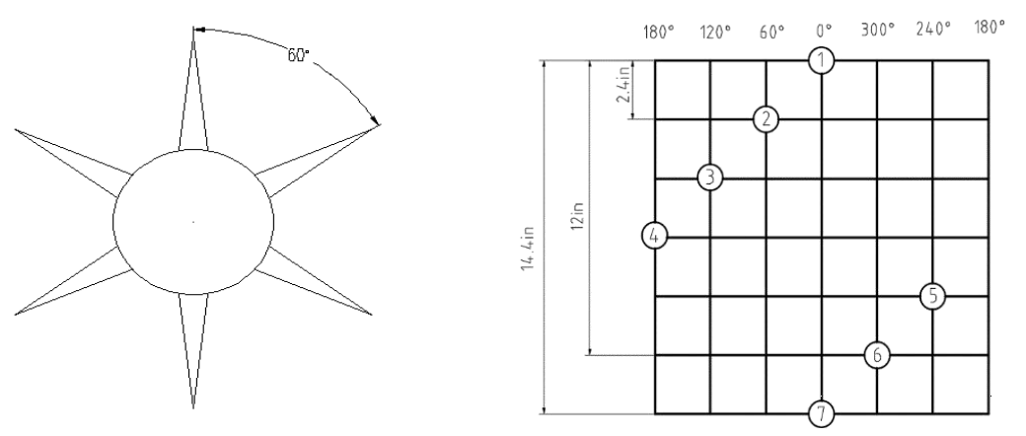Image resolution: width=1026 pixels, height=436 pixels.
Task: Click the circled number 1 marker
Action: click(x=821, y=61)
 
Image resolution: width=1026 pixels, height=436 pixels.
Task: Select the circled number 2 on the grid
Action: click(x=766, y=119)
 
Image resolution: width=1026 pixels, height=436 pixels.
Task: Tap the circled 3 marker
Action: click(x=710, y=178)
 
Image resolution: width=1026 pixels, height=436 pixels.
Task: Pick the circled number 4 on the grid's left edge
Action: click(x=654, y=237)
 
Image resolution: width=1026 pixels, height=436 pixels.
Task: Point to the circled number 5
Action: click(x=932, y=296)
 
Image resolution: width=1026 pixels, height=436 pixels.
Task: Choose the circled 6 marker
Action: click(x=877, y=355)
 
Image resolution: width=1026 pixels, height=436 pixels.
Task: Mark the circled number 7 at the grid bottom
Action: click(x=821, y=413)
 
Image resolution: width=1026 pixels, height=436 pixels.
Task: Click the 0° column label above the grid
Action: click(x=824, y=31)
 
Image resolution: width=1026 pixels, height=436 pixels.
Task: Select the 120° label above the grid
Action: click(x=716, y=32)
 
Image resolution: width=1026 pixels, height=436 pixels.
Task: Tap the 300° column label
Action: click(x=877, y=31)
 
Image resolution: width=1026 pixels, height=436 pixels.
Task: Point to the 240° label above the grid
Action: click(x=933, y=30)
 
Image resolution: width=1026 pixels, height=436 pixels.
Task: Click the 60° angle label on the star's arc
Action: click(x=298, y=55)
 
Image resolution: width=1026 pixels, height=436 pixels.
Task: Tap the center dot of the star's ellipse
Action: click(x=193, y=222)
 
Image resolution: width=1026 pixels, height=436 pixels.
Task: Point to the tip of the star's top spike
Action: click(x=193, y=27)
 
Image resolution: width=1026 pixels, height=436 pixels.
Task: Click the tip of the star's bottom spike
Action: click(x=193, y=408)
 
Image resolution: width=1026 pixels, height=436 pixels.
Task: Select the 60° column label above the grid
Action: click(x=772, y=32)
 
